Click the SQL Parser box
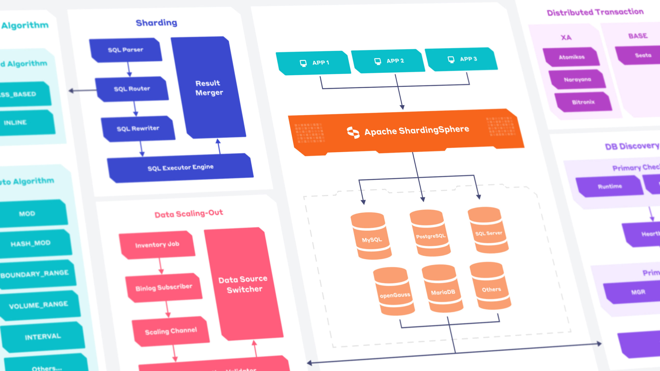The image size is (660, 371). pyautogui.click(x=126, y=50)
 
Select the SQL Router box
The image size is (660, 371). pyautogui.click(x=132, y=89)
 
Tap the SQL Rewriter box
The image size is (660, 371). pyautogui.click(x=138, y=129)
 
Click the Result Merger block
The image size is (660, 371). pyautogui.click(x=209, y=88)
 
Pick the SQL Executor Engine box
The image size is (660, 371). pyautogui.click(x=180, y=168)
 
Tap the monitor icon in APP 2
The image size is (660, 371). pyautogui.click(x=377, y=61)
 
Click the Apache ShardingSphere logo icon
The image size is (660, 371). pyautogui.click(x=353, y=132)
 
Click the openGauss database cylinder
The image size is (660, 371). pyautogui.click(x=394, y=292)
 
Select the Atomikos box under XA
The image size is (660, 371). pyautogui.click(x=571, y=57)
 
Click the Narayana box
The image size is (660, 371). pyautogui.click(x=577, y=80)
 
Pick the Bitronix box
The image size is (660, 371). pyautogui.click(x=583, y=102)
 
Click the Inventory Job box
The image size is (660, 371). pyautogui.click(x=157, y=245)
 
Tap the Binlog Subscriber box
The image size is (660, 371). pyautogui.click(x=164, y=288)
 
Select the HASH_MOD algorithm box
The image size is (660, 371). pyautogui.click(x=31, y=243)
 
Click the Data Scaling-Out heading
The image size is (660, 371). pyautogui.click(x=189, y=213)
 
